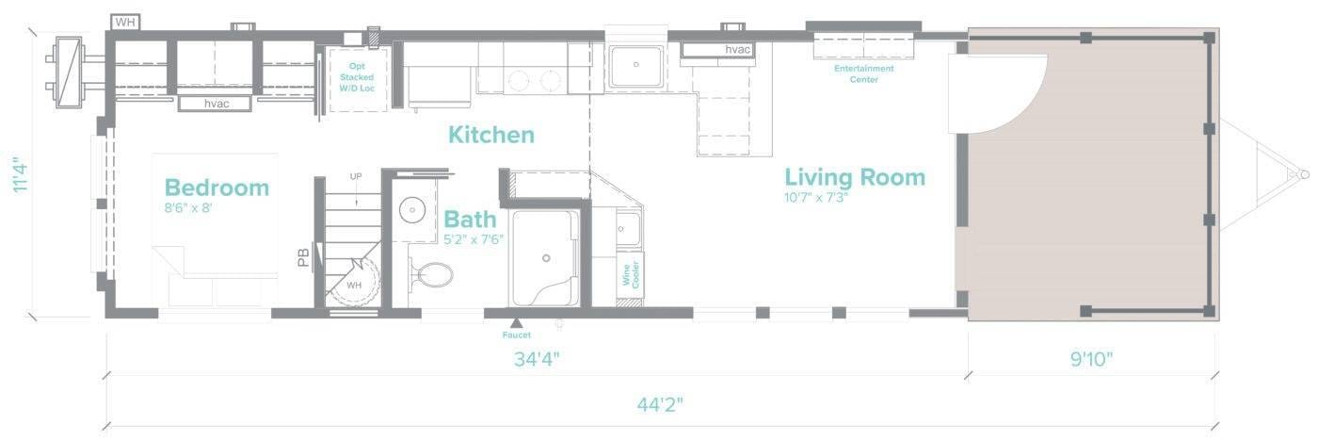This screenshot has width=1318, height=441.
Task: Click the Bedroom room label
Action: [x=217, y=188]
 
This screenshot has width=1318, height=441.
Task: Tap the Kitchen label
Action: [x=490, y=135]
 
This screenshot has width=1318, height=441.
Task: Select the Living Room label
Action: [x=855, y=177]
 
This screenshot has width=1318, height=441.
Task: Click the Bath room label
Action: [x=470, y=220]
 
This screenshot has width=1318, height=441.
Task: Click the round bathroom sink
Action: [x=410, y=208]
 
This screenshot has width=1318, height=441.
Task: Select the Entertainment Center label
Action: [x=863, y=73]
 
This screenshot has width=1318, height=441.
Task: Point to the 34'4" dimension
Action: [x=538, y=360]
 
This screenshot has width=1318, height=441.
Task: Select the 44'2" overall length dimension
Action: [x=659, y=404]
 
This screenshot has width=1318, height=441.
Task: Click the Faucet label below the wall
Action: [x=516, y=335]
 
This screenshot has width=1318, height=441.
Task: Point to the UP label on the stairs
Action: [x=356, y=176]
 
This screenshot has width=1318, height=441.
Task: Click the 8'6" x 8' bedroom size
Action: [x=188, y=208]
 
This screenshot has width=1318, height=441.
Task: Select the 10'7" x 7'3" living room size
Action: [x=815, y=198]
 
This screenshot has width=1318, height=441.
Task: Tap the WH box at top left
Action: [x=124, y=21]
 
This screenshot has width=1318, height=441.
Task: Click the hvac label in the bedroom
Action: [x=214, y=103]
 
